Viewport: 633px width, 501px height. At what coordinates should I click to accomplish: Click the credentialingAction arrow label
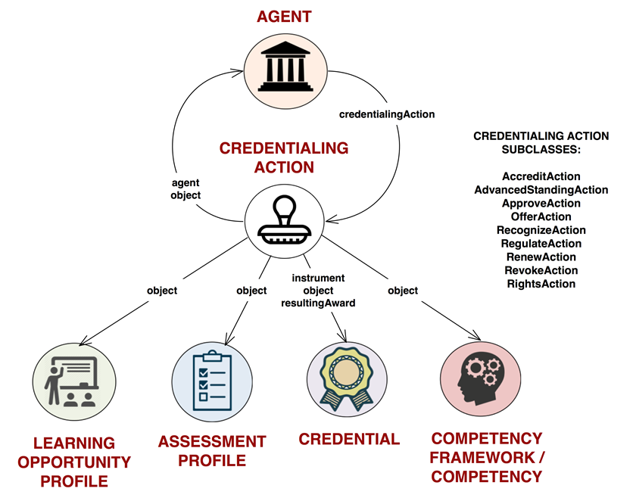click(x=387, y=114)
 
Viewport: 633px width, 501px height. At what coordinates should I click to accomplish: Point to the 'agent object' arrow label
click(x=186, y=188)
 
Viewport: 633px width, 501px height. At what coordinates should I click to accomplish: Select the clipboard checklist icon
click(x=212, y=378)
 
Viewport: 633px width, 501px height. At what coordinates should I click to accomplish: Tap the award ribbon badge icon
click(x=347, y=378)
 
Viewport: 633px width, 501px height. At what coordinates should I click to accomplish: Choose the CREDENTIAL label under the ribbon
click(x=349, y=439)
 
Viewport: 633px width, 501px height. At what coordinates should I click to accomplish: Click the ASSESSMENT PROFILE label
click(x=212, y=450)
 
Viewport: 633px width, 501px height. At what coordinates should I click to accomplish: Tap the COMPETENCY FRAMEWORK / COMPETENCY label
click(x=487, y=457)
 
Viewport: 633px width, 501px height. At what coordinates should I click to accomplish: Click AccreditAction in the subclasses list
click(x=541, y=176)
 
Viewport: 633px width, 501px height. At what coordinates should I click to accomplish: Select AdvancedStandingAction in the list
click(x=541, y=190)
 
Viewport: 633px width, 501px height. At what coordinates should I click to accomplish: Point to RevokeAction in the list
click(x=541, y=270)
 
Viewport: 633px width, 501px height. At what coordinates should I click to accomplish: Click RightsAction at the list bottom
click(x=541, y=284)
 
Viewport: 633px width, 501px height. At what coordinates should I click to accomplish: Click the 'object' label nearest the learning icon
click(x=162, y=290)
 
